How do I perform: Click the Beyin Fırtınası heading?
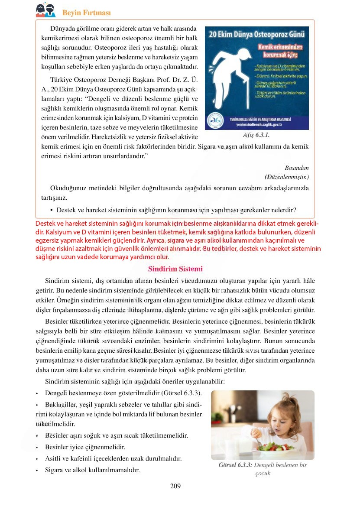[x=86, y=12]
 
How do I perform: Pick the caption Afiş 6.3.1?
[x=256, y=135]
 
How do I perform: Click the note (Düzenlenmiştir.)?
[x=286, y=177]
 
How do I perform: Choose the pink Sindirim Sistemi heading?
[x=175, y=269]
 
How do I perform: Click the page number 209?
[x=175, y=486]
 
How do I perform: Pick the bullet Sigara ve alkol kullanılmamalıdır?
[x=92, y=470]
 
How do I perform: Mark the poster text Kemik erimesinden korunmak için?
[x=280, y=51]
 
